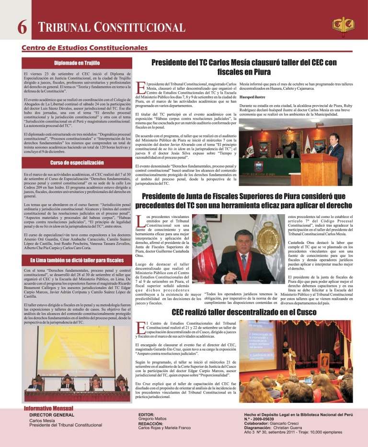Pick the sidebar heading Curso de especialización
point(77,163)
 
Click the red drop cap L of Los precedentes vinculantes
point(139,221)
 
